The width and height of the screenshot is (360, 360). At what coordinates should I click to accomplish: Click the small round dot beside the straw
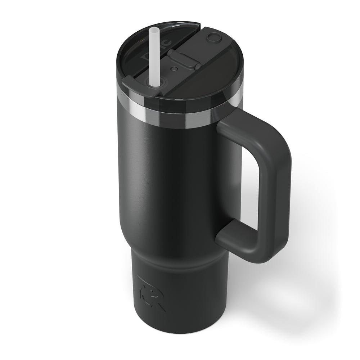[174, 68]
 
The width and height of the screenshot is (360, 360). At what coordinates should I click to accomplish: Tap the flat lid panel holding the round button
[205, 68]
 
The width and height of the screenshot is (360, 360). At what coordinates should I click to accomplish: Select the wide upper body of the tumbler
[169, 180]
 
